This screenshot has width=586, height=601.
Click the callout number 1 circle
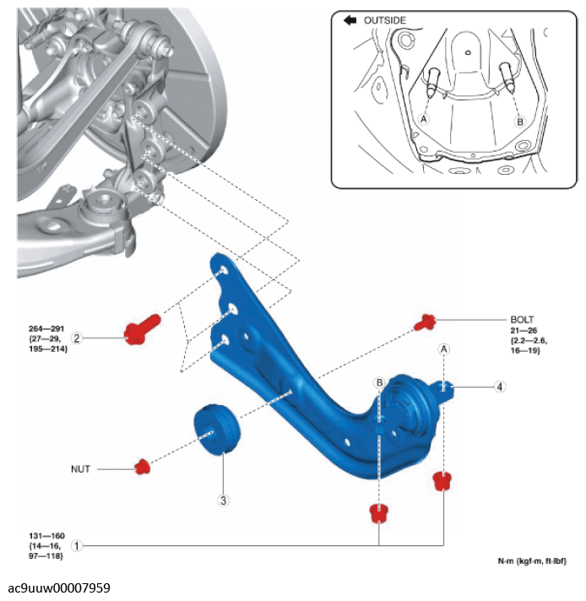tap(77, 545)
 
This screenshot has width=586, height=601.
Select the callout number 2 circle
tap(77, 338)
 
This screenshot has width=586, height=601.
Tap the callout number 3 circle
tap(223, 501)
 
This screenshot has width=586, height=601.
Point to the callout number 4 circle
tap(500, 387)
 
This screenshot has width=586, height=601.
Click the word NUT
tap(80, 469)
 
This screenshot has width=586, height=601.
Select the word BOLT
tap(522, 320)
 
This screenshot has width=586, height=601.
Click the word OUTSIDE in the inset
tap(385, 20)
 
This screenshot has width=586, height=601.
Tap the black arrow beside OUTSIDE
tap(350, 20)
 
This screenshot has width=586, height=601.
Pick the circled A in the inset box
tap(424, 119)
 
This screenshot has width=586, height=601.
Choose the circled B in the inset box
tap(520, 122)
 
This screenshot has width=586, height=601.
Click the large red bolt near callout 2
tap(142, 329)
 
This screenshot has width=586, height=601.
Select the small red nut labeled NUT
tap(143, 466)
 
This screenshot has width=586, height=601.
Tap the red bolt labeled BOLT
tap(425, 322)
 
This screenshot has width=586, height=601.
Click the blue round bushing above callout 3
tap(217, 430)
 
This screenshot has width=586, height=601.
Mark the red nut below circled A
tap(442, 481)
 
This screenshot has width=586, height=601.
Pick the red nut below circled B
tap(378, 513)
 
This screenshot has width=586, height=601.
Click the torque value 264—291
tap(46, 329)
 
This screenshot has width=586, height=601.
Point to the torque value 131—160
tap(46, 535)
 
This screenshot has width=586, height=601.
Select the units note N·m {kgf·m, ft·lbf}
tap(532, 560)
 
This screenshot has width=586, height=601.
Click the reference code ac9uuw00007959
tap(59, 588)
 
